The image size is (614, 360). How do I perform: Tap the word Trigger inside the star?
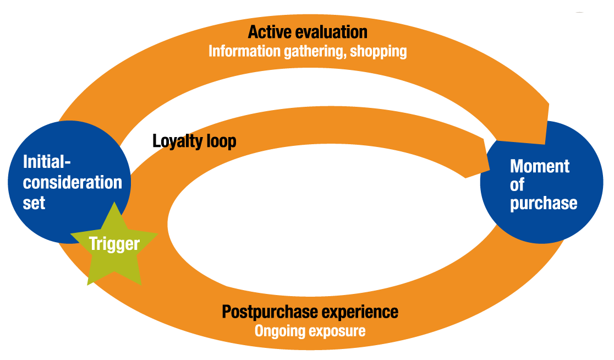point(114,243)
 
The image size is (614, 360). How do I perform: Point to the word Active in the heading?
point(270,32)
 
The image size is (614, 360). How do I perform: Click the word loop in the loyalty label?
point(221,141)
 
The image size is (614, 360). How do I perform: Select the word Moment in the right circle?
point(540,166)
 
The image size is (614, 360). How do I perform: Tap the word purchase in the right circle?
point(544,203)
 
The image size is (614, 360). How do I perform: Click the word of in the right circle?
point(517,185)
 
